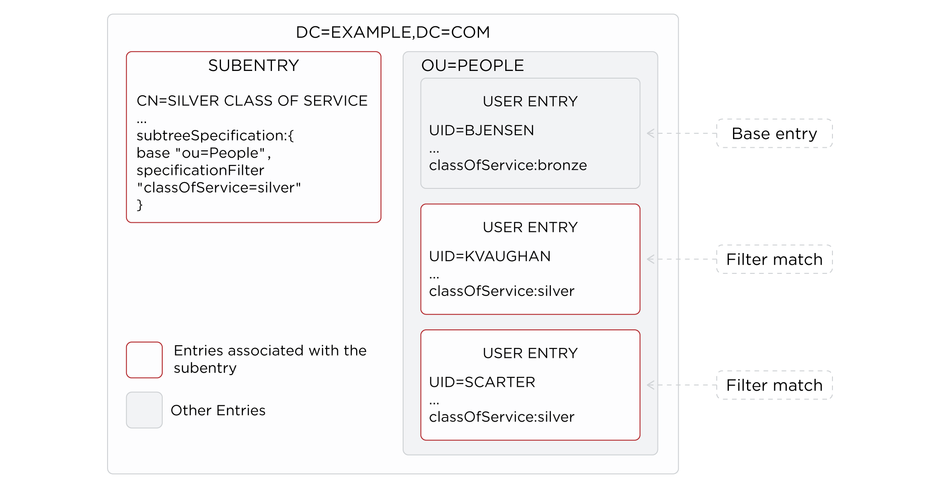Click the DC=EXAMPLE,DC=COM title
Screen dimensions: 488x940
pos(393,33)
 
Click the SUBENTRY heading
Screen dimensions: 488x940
pos(254,66)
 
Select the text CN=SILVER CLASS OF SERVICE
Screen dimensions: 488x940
pos(252,101)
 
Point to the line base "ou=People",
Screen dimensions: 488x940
pos(204,153)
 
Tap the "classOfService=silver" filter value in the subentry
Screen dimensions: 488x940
pos(219,188)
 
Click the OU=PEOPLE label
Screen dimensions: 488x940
pos(472,66)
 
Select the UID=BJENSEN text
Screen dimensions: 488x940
pos(481,131)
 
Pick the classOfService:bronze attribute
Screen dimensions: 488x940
pos(508,165)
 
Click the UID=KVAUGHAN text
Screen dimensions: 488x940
pos(489,257)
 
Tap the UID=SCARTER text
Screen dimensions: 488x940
pos(482,382)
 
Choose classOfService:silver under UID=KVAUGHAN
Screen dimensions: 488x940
pos(502,291)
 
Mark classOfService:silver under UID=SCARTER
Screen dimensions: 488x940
pos(502,417)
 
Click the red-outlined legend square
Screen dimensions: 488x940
pos(144,360)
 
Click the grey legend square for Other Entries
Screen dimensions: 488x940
pos(144,410)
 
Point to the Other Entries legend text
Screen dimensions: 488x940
pos(218,410)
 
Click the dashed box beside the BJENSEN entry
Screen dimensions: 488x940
pos(774,133)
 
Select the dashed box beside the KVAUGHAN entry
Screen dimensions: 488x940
pos(774,259)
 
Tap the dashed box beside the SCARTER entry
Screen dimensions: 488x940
pos(774,385)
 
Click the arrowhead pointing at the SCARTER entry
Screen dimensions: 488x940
pos(650,385)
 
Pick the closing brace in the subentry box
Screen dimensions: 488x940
pos(140,205)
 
